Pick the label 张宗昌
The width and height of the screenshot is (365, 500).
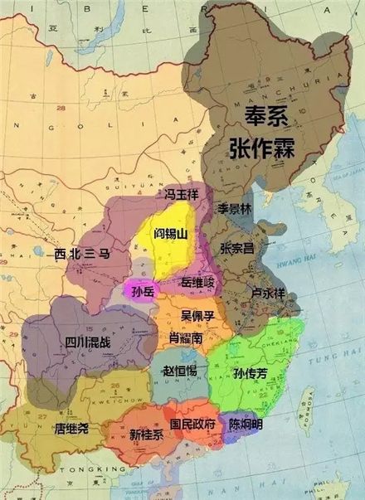236,248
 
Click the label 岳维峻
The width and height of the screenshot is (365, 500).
197,284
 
